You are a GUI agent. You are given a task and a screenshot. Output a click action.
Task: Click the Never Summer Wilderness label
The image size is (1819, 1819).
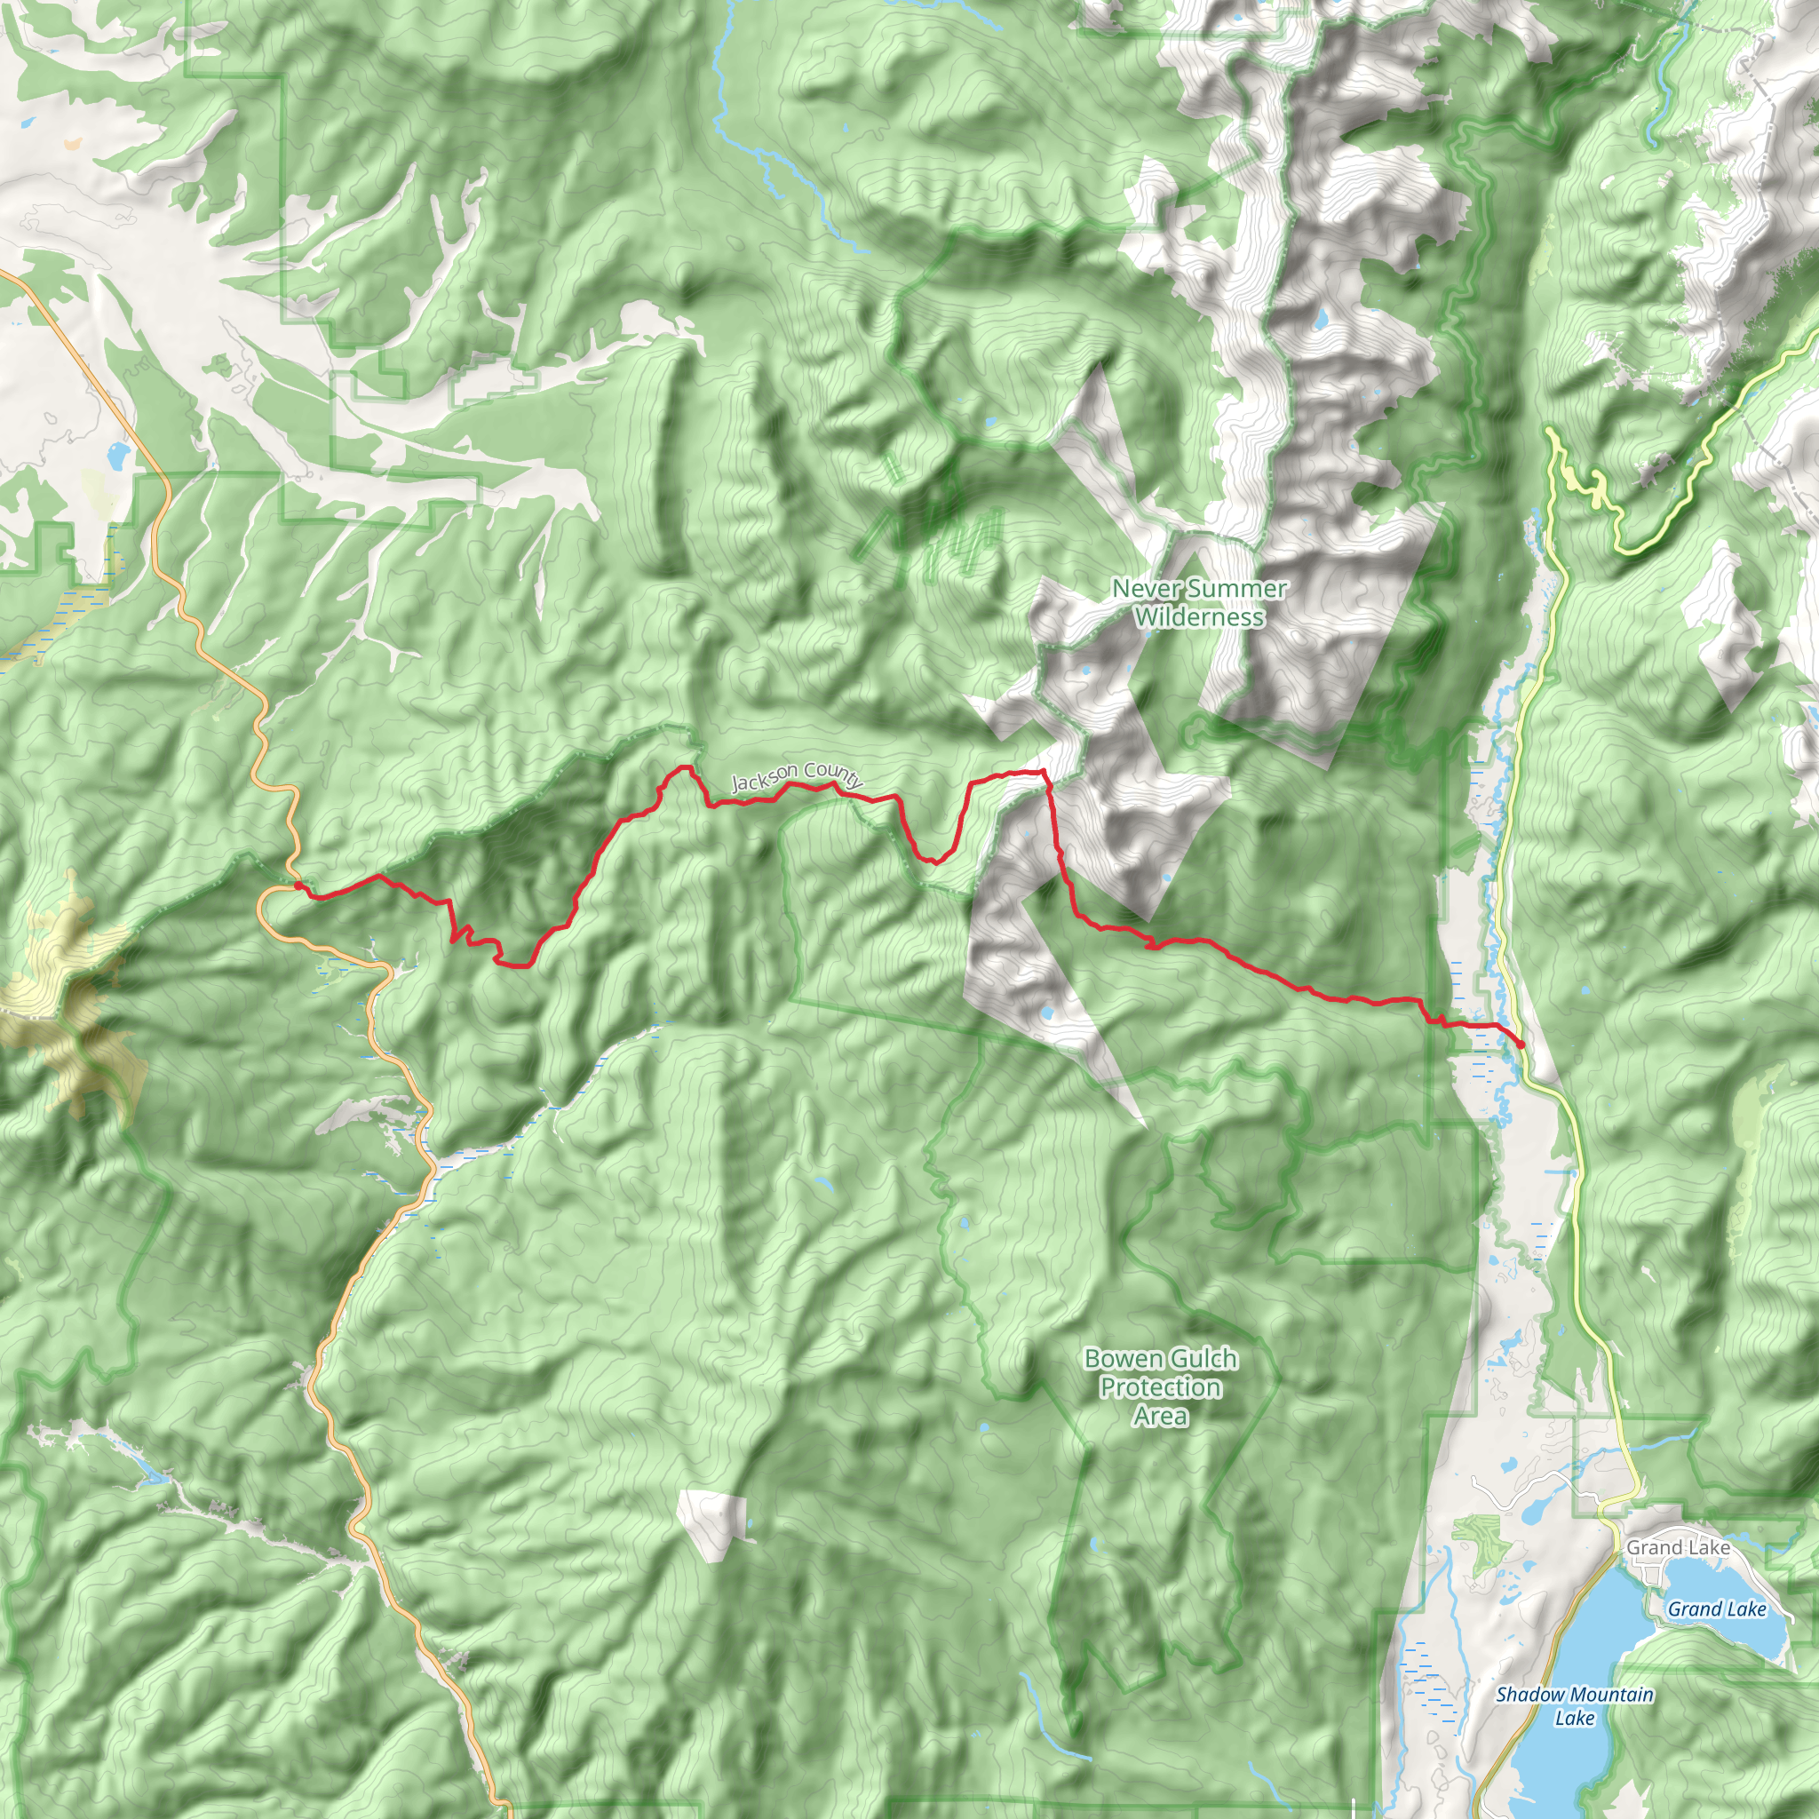1198,602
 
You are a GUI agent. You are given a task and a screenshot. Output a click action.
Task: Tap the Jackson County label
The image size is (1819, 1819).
797,777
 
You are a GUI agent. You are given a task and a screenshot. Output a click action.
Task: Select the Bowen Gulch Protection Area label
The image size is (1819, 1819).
1160,1386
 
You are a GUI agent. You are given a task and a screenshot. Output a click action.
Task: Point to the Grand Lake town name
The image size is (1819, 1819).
1678,1547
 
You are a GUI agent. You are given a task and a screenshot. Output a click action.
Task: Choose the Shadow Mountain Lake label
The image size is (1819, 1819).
1574,1706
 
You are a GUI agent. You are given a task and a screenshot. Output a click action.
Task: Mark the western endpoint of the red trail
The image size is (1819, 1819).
298,885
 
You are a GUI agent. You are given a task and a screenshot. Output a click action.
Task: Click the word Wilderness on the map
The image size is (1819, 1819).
1198,617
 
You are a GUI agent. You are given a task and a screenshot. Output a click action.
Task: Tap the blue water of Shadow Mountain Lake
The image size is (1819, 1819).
1572,1760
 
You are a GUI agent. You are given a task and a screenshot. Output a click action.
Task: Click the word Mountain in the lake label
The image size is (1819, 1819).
1612,1695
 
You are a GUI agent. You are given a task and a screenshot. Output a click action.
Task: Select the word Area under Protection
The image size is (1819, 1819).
1160,1416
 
